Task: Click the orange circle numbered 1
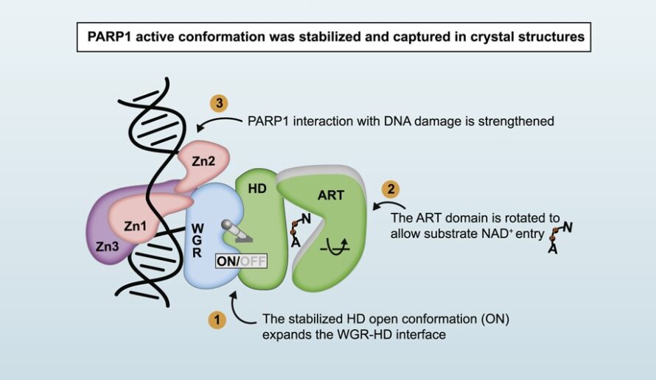point(216,320)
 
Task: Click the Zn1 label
point(134,226)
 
